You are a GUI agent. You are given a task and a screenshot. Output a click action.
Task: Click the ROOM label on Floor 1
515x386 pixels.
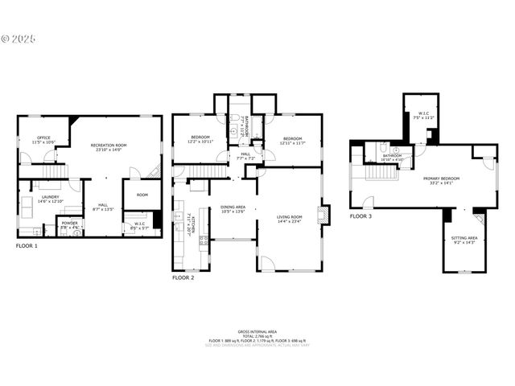[x=142, y=195]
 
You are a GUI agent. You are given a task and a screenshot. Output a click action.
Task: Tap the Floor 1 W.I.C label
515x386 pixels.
[x=139, y=225]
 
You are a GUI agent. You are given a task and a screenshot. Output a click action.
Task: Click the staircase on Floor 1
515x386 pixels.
[x=53, y=171]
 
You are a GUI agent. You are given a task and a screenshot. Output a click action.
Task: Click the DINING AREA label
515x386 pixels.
[x=233, y=208]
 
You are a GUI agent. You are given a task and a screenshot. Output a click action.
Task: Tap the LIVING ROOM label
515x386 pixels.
[x=289, y=218]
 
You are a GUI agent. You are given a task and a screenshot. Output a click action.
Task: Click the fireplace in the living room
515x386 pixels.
[x=323, y=214]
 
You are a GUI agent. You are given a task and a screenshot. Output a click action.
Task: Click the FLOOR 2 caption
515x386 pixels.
[x=183, y=277]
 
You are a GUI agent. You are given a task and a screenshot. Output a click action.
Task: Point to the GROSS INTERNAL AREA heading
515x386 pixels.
[x=257, y=331]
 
